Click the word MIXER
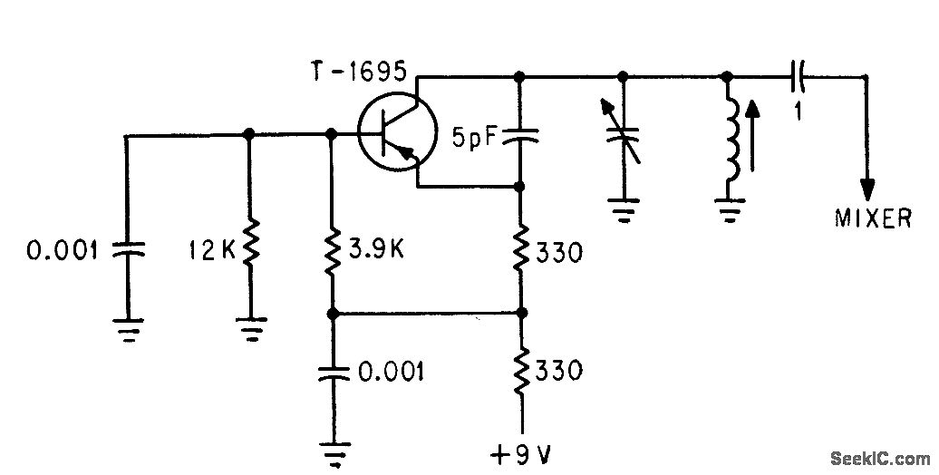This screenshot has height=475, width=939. coord(873,218)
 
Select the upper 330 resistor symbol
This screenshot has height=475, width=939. coord(521,248)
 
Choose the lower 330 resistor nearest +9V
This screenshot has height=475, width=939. coord(521,370)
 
